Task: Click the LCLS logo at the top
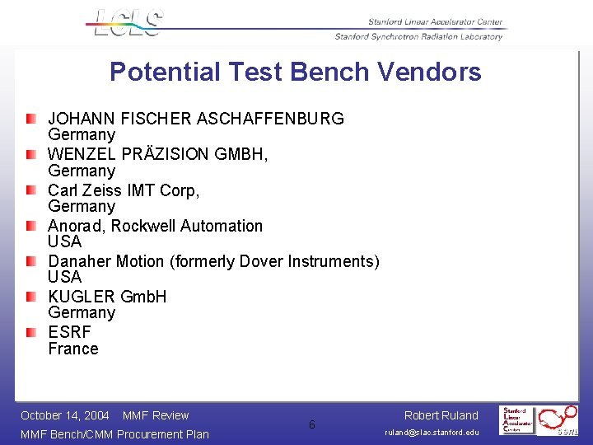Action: tap(128, 23)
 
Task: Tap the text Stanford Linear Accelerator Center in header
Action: tap(436, 22)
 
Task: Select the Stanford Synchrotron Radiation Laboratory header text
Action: tap(418, 36)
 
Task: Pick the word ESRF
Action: tap(69, 332)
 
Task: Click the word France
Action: tap(73, 349)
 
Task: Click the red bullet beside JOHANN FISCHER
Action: tap(30, 119)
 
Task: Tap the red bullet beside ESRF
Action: tap(30, 332)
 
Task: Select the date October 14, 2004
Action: tap(65, 415)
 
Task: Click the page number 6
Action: tap(311, 424)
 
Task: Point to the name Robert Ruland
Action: tap(441, 415)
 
